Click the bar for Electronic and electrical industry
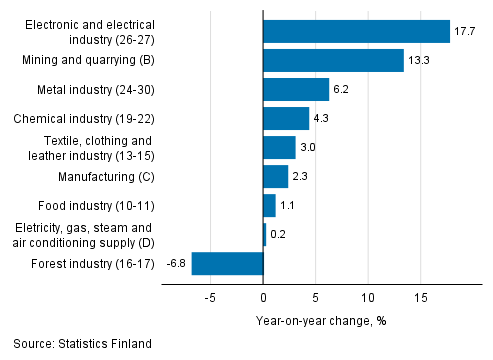click(x=356, y=32)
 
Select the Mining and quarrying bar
click(x=333, y=61)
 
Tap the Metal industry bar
click(x=296, y=90)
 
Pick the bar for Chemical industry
click(x=286, y=119)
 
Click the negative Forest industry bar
click(x=227, y=264)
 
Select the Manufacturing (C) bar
click(x=275, y=177)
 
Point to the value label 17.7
click(x=465, y=32)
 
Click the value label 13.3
click(x=419, y=61)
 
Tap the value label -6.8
click(x=175, y=264)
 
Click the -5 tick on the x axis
click(x=210, y=297)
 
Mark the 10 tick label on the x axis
click(x=368, y=297)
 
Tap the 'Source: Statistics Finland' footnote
click(x=83, y=344)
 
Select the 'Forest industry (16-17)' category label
click(x=95, y=264)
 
